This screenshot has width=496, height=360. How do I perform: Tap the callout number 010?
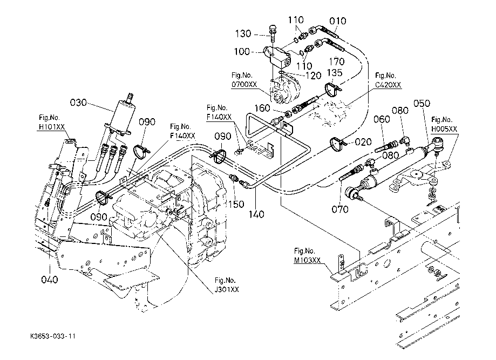pos(338,21)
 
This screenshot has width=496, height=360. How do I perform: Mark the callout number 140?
pos(256,214)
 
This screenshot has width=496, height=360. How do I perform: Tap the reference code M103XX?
pos(307,260)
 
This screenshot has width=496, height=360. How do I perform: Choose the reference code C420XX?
pos(389,85)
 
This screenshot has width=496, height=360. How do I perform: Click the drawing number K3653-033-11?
pos(53,336)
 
